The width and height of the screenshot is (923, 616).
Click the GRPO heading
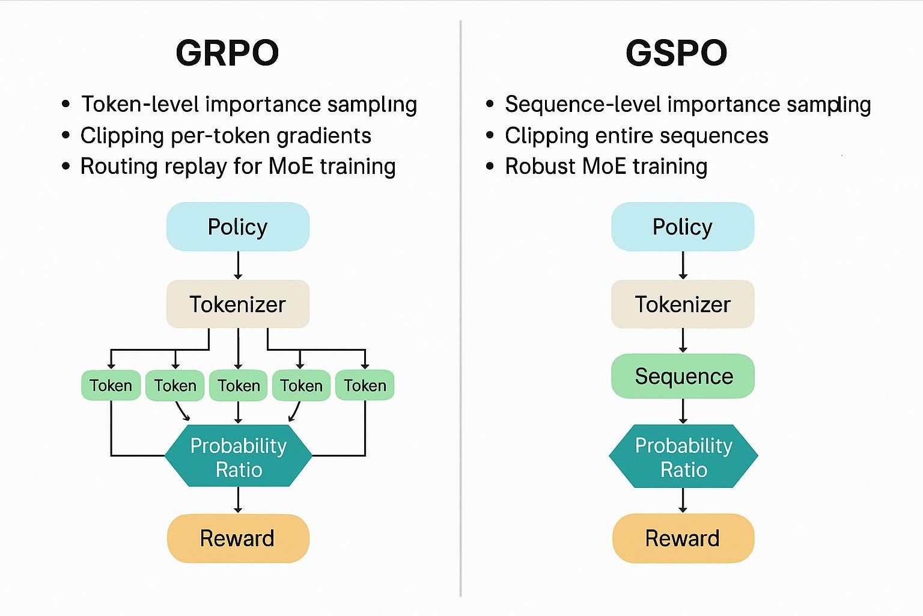[227, 53]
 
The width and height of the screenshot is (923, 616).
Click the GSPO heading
[676, 53]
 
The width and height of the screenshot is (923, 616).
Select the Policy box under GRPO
[238, 227]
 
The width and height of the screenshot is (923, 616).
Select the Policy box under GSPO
[683, 227]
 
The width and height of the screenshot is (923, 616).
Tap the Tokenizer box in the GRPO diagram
[238, 304]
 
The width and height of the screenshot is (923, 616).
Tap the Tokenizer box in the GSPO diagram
[683, 304]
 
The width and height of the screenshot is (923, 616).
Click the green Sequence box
[683, 376]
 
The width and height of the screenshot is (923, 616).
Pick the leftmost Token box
[111, 385]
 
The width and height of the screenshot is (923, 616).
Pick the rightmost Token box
[365, 385]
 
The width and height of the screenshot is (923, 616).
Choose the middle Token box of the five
[239, 385]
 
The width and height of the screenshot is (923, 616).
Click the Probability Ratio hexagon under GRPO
[239, 457]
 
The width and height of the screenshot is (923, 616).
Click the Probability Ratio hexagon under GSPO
[683, 457]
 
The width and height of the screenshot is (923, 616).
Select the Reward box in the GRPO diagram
[238, 538]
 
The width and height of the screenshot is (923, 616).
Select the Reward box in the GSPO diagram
[683, 538]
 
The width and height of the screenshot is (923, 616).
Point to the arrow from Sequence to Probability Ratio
[683, 411]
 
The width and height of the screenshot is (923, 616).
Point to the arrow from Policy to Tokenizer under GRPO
[238, 265]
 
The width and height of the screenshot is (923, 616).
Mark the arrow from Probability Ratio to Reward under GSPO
[683, 500]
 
